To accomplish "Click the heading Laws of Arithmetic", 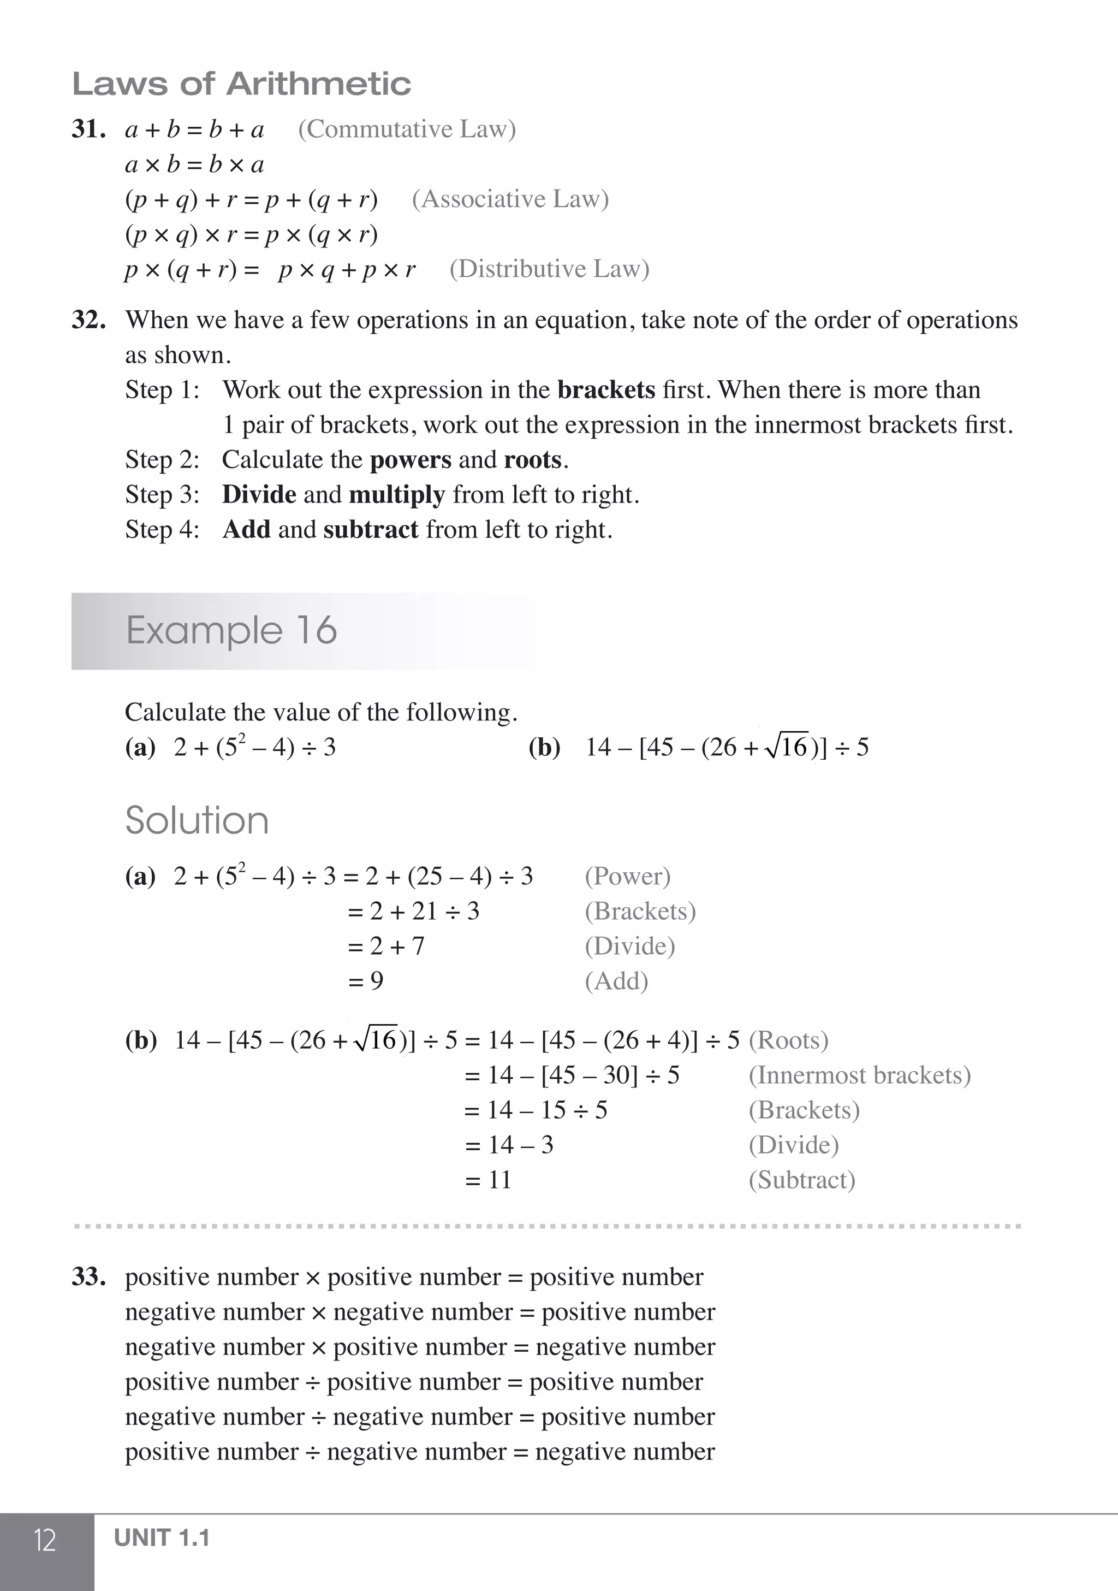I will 241,84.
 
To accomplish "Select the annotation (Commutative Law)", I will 407,129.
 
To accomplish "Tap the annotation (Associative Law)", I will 510,199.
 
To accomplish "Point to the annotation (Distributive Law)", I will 549,269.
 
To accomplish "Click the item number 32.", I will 88,320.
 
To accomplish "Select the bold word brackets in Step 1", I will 605,390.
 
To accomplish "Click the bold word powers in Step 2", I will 410,460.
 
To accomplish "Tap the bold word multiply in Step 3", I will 396,495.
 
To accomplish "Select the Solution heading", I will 197,820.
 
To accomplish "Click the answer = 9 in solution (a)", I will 366,981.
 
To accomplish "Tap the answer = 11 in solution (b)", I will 489,1180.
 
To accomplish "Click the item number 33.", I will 88,1277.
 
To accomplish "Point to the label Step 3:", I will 162,495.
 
